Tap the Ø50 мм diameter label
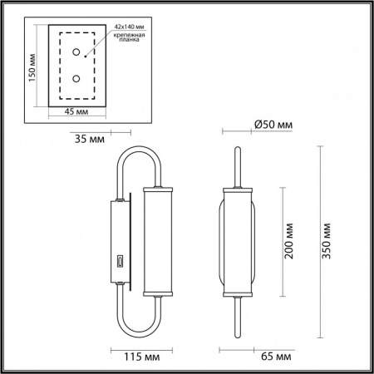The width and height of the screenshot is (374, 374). [x=273, y=125]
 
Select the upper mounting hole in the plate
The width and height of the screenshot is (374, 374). [x=76, y=52]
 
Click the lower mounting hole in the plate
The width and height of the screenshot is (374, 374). [x=76, y=79]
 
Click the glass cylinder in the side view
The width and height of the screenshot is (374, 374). [x=156, y=241]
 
